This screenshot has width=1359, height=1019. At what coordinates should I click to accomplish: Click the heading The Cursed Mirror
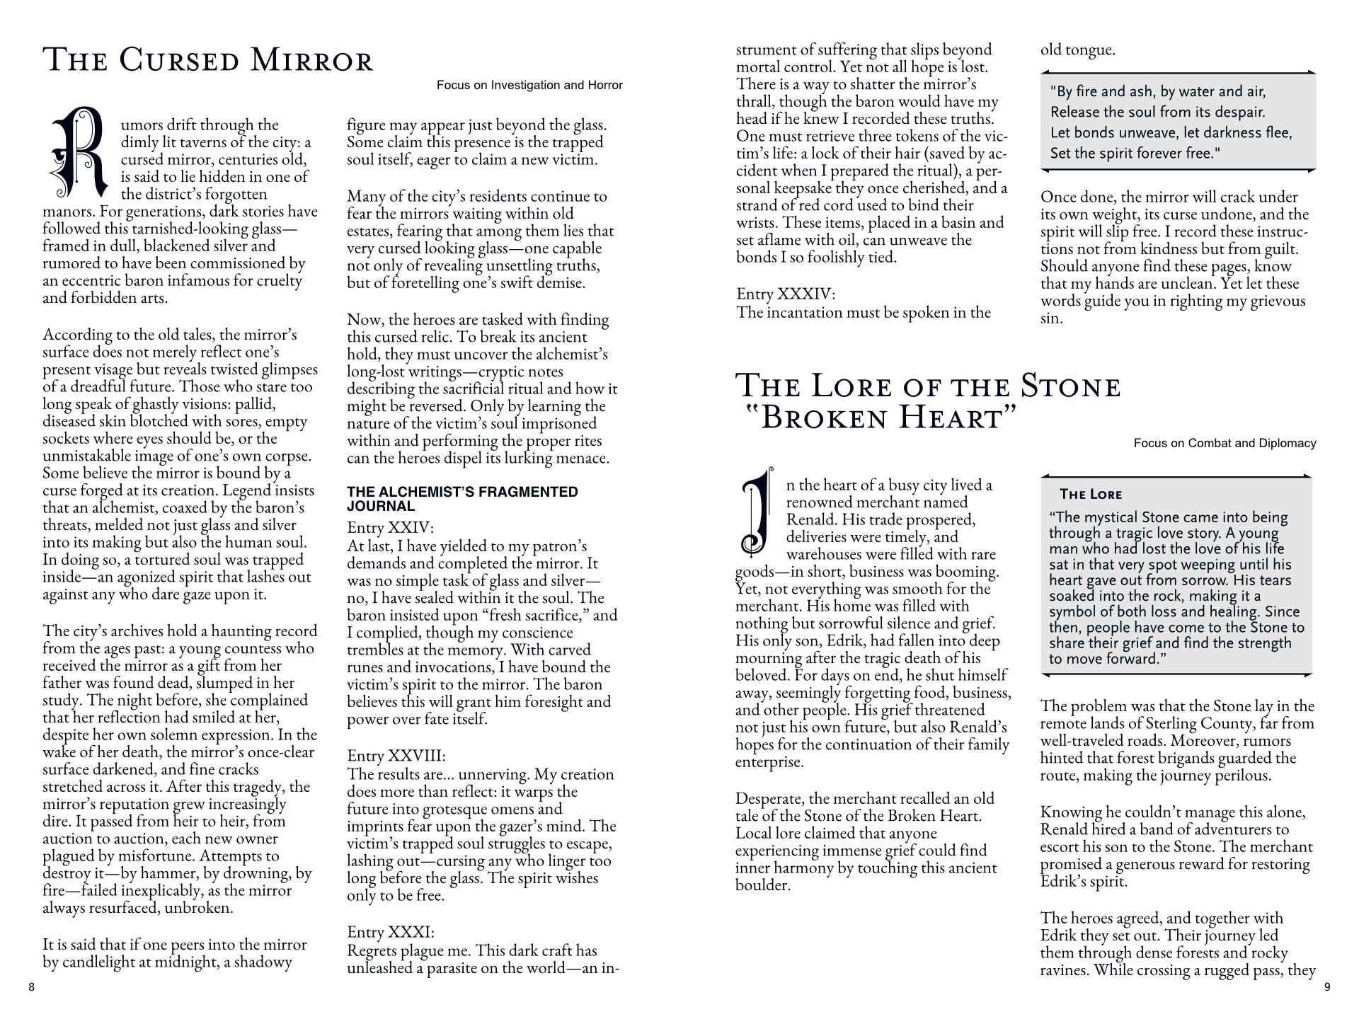tap(208, 61)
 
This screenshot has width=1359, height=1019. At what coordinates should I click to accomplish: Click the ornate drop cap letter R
tap(78, 152)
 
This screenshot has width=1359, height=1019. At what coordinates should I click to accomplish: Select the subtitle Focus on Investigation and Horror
tap(529, 86)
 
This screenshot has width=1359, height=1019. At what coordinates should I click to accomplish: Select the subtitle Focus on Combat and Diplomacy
tap(1225, 444)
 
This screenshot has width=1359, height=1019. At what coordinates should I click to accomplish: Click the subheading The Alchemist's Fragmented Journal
tap(462, 499)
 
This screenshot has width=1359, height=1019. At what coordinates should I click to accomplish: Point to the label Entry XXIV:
tap(390, 528)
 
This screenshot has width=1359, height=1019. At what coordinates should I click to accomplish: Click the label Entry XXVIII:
tap(396, 756)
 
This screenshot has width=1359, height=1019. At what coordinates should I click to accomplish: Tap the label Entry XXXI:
tap(391, 933)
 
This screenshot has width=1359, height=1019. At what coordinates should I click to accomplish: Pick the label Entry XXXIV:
tap(786, 294)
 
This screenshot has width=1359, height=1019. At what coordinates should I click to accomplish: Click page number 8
tap(31, 987)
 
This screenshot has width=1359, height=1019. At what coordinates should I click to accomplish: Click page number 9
tap(1327, 987)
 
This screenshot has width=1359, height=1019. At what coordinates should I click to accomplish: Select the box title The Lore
tap(1091, 495)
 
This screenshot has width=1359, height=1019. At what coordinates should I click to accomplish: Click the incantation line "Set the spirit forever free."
tap(1135, 154)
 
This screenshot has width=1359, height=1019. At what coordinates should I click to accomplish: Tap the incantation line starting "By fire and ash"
tap(1158, 92)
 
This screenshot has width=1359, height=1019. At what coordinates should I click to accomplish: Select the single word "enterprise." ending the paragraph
tap(769, 762)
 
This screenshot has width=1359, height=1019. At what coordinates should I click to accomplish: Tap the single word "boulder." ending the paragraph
tap(762, 885)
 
